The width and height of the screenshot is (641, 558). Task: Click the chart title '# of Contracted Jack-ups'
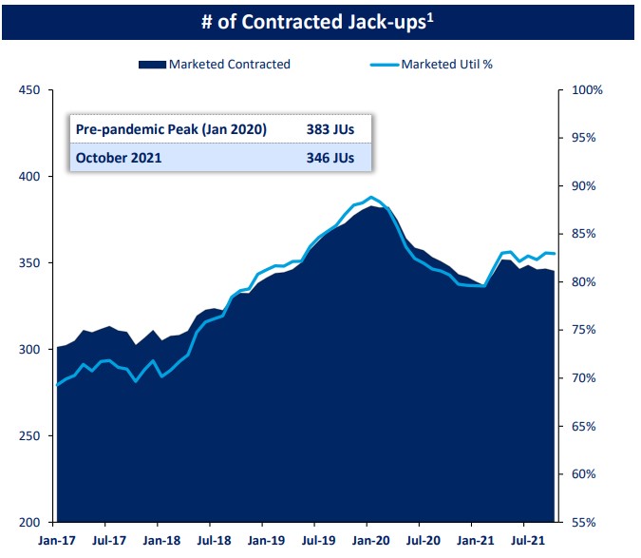point(311,20)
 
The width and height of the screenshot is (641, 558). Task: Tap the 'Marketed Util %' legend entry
point(445,65)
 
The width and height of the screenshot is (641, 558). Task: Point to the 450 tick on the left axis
point(29,90)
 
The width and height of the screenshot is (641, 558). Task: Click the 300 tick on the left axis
point(29,350)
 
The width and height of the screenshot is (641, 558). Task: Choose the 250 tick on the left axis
point(29,436)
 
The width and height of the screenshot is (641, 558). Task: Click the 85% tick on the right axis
point(585,234)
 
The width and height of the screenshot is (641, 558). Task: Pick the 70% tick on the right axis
point(585,378)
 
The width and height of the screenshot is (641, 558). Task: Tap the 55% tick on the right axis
point(585,522)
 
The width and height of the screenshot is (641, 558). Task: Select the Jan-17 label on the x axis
point(56,543)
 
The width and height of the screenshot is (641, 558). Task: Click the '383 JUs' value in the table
point(330,129)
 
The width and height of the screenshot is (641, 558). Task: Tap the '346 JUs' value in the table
point(330,158)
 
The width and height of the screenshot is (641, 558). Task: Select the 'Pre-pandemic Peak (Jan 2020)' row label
point(171,129)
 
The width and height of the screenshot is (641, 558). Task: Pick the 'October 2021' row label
point(120,158)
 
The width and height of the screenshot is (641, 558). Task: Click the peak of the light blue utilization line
point(370,197)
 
